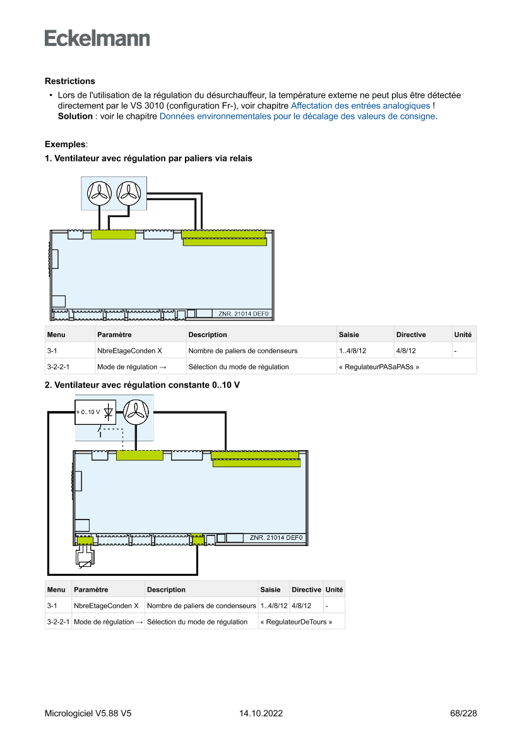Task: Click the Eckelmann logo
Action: click(x=97, y=38)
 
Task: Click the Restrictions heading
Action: click(x=70, y=81)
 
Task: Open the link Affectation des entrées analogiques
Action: click(x=360, y=105)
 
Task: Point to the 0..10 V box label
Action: click(x=88, y=412)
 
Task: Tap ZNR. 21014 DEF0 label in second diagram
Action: click(x=276, y=538)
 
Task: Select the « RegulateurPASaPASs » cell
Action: click(x=379, y=367)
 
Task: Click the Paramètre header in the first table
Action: click(x=114, y=335)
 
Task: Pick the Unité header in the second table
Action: click(x=334, y=590)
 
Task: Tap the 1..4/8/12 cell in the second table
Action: click(x=274, y=606)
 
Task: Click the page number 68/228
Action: click(x=463, y=713)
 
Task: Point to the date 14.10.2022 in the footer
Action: click(x=261, y=713)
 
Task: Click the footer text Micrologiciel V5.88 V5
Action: click(x=88, y=713)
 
